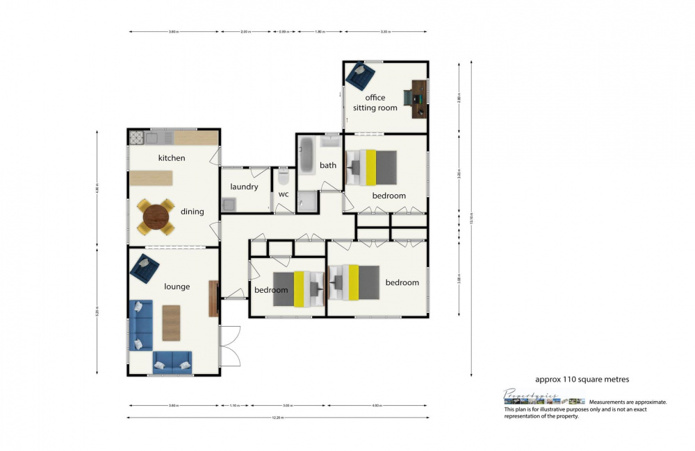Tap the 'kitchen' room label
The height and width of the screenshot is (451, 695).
click(172, 158)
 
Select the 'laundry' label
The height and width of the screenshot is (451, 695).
click(244, 187)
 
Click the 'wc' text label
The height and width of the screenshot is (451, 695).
click(284, 194)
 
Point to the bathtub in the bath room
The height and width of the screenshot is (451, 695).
click(308, 152)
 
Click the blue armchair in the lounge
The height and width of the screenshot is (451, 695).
click(145, 269)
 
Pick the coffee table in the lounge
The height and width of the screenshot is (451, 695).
click(171, 323)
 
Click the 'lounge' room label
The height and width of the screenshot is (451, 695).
click(177, 287)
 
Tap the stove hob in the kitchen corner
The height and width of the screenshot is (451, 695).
click(136, 137)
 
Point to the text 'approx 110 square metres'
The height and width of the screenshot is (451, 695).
click(582, 380)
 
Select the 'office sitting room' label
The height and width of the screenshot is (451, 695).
click(375, 103)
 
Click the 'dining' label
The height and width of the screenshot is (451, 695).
click(193, 212)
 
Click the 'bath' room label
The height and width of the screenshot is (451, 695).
click(328, 165)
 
